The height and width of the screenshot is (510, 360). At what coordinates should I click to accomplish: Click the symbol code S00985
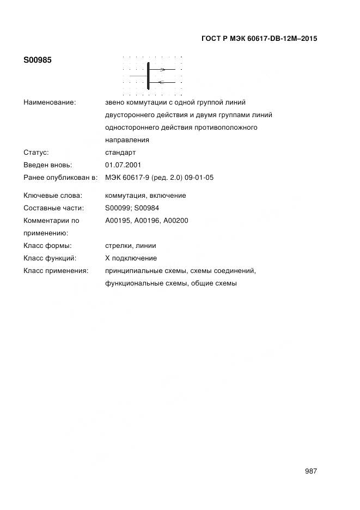[x=38, y=60]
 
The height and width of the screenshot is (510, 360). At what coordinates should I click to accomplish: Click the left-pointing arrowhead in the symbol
[x=160, y=82]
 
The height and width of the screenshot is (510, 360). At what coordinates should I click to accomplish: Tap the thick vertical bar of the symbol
[x=148, y=76]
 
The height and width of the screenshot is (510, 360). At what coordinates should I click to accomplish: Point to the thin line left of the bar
[x=138, y=76]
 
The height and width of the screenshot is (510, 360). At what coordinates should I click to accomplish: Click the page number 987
[x=311, y=471]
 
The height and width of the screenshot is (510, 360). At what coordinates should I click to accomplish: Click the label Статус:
[x=36, y=153]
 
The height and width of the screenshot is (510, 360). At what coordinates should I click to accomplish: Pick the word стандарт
[x=120, y=153]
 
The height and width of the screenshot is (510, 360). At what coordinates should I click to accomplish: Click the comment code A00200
[x=176, y=221]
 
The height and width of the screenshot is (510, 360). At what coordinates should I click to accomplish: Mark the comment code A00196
[x=147, y=221]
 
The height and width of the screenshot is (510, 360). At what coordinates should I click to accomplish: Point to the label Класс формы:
[x=47, y=246]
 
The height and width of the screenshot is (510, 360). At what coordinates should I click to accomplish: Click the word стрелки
[x=119, y=246]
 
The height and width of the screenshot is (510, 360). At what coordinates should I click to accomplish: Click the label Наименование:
[x=50, y=102]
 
